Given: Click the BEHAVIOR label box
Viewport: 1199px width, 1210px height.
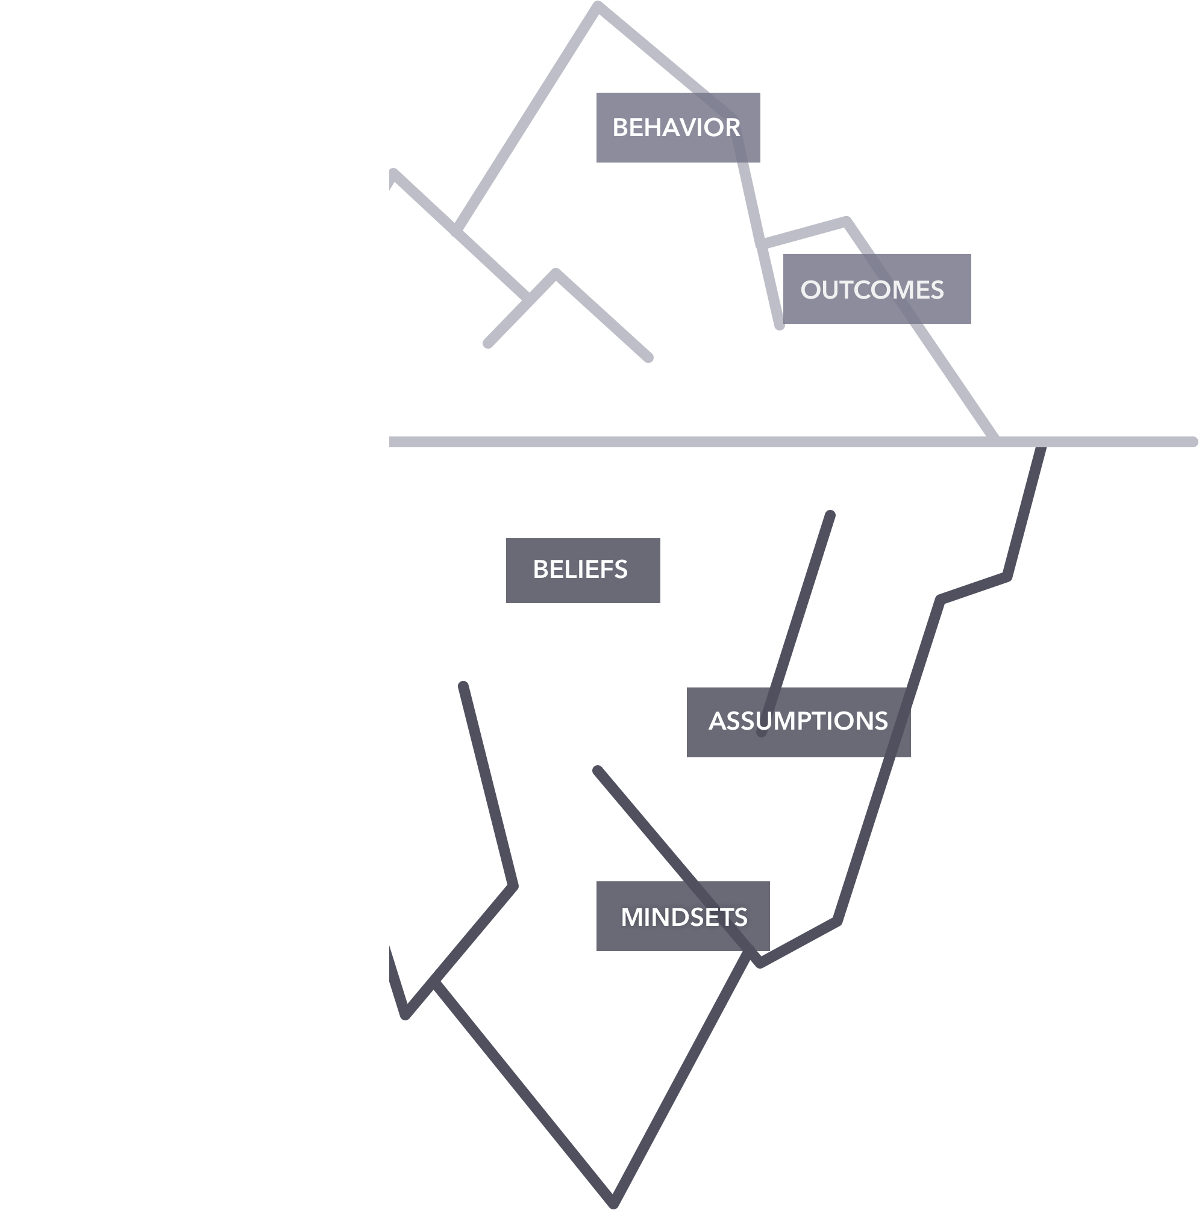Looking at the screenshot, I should pyautogui.click(x=678, y=128).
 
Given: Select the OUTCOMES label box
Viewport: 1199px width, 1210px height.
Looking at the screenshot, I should pyautogui.click(x=876, y=290).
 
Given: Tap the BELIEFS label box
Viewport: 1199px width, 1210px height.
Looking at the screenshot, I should pyautogui.click(x=582, y=570).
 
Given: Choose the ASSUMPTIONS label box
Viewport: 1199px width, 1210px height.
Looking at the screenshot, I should pyautogui.click(x=798, y=722).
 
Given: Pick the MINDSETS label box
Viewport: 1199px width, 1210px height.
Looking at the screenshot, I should pyautogui.click(x=683, y=917).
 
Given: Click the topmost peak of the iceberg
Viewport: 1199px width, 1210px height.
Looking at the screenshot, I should pyautogui.click(x=598, y=7).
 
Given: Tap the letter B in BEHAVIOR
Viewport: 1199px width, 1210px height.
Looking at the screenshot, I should pyautogui.click(x=621, y=128).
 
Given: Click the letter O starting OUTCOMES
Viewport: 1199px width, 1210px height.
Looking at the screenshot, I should pyautogui.click(x=810, y=290).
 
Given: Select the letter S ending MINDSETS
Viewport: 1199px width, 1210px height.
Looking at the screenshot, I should pyautogui.click(x=740, y=917).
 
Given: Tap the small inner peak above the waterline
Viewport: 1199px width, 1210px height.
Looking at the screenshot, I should pyautogui.click(x=556, y=273).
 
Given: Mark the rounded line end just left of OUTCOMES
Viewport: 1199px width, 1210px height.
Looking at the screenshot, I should pyautogui.click(x=780, y=326).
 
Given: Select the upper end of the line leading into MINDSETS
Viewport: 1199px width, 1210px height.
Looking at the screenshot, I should pyautogui.click(x=597, y=770).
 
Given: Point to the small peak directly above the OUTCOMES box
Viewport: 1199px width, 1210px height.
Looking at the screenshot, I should pyautogui.click(x=847, y=220).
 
